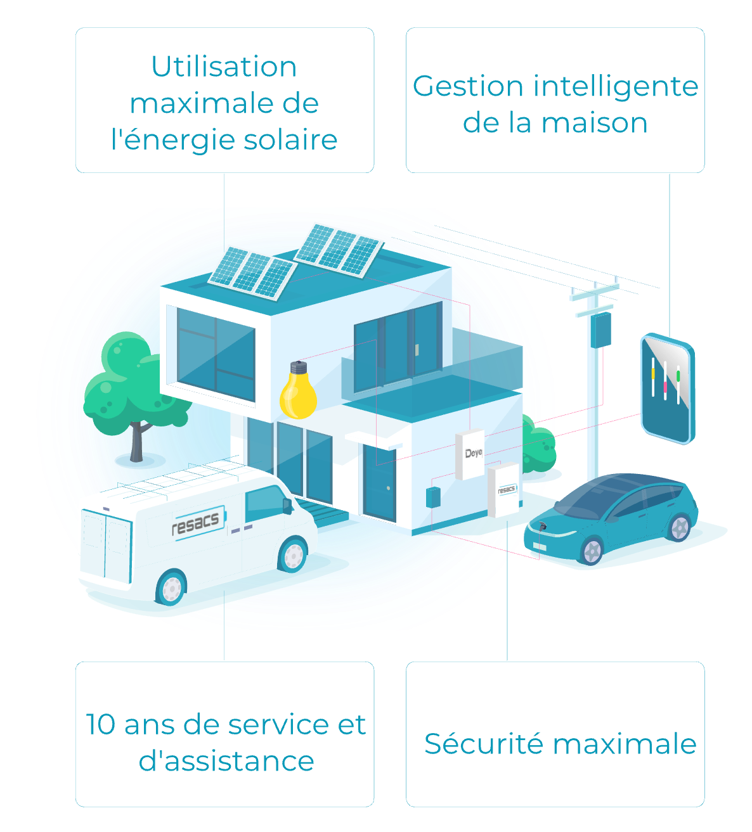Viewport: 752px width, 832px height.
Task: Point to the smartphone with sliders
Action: (x=666, y=388)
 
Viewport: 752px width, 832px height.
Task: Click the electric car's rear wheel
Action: (x=678, y=527)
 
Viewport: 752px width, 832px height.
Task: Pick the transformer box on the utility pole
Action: (x=600, y=330)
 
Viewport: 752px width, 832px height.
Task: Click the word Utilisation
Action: (x=224, y=67)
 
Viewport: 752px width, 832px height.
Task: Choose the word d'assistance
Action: (x=226, y=761)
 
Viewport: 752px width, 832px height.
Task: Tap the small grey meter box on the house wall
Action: (x=433, y=497)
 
